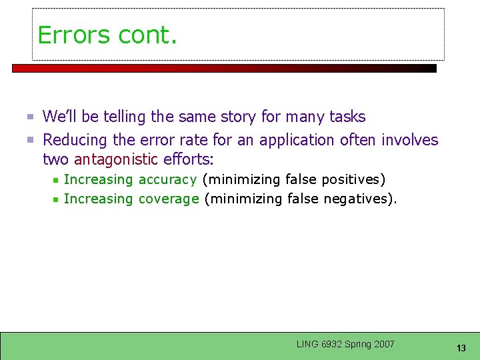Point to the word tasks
pos(347,117)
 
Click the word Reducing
pos(75,140)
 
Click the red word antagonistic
pos(117,159)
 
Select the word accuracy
pos(167,179)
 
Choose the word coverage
pos(169,199)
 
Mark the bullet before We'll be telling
pos(30,117)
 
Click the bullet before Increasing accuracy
pos(57,180)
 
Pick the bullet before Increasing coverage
pos(57,199)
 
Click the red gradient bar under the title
pos(224,68)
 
